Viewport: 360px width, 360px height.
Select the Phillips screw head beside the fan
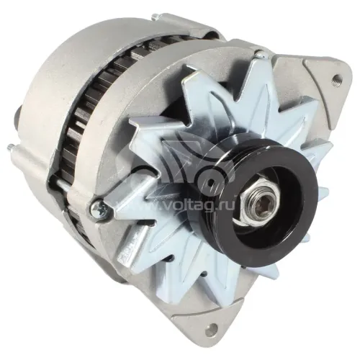[x=98, y=209]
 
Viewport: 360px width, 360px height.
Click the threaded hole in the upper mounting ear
[x=336, y=79]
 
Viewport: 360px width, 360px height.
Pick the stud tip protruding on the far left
[x=10, y=146]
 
